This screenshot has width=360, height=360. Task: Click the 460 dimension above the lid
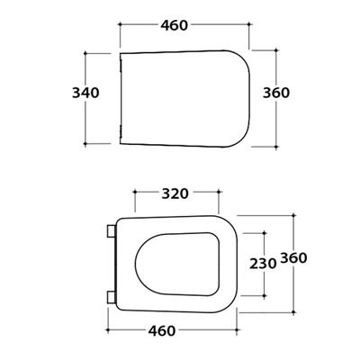pos(175,25)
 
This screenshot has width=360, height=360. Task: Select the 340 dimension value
pos(85,93)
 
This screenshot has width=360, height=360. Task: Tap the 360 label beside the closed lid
pos(276,93)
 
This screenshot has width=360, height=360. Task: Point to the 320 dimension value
pos(175,194)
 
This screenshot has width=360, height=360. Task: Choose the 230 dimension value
pos(263,264)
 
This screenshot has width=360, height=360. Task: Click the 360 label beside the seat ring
pos(293,258)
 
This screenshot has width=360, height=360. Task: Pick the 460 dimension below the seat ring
pos(162,331)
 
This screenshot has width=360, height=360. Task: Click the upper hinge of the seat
pos(112,231)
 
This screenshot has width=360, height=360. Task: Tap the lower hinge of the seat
pos(112,297)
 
